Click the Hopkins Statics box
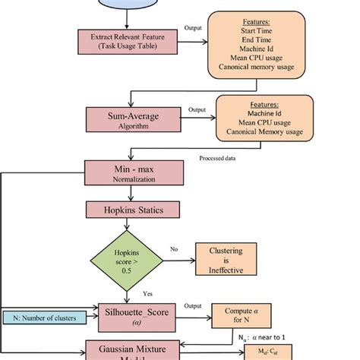point(125,207)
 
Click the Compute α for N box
point(238,315)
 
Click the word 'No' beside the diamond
point(174,248)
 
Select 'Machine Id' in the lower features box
point(263,113)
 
